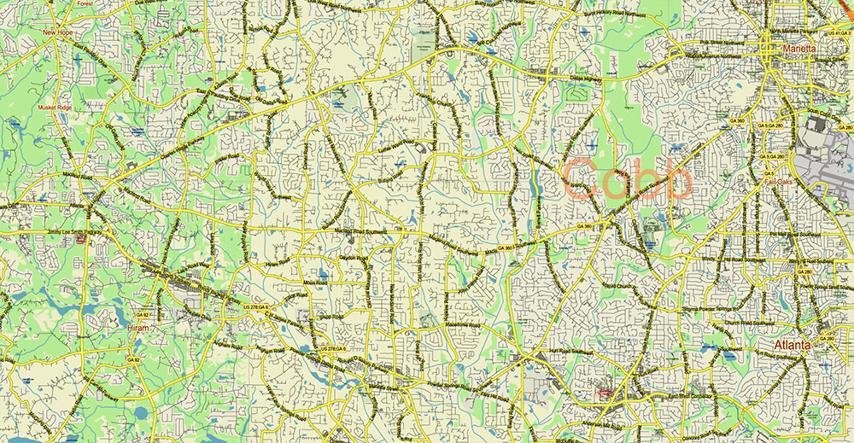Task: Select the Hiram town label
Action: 137,327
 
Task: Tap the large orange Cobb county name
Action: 628,179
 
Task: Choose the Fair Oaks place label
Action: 780,182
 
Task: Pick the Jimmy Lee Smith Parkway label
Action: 46,231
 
